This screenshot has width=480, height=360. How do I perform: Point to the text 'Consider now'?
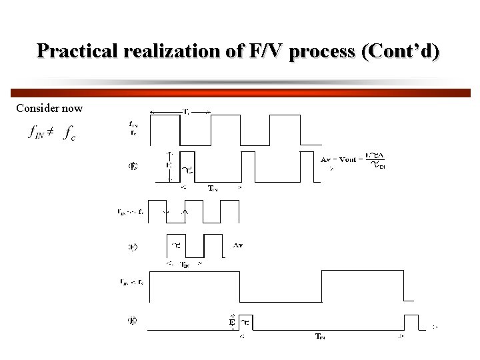49,108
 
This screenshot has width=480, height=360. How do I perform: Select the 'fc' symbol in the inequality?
69,133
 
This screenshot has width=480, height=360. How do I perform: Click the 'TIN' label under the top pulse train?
212,189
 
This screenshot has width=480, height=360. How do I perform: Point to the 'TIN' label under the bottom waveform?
321,336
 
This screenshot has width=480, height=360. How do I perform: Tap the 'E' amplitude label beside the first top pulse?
168,164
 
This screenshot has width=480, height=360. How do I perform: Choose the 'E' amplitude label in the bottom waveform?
233,322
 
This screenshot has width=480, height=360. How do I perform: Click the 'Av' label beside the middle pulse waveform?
238,245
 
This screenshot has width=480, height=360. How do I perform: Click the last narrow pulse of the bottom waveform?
411,322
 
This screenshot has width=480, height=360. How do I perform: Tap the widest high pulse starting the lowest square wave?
193,287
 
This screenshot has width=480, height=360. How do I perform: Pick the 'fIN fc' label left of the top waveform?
134,127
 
